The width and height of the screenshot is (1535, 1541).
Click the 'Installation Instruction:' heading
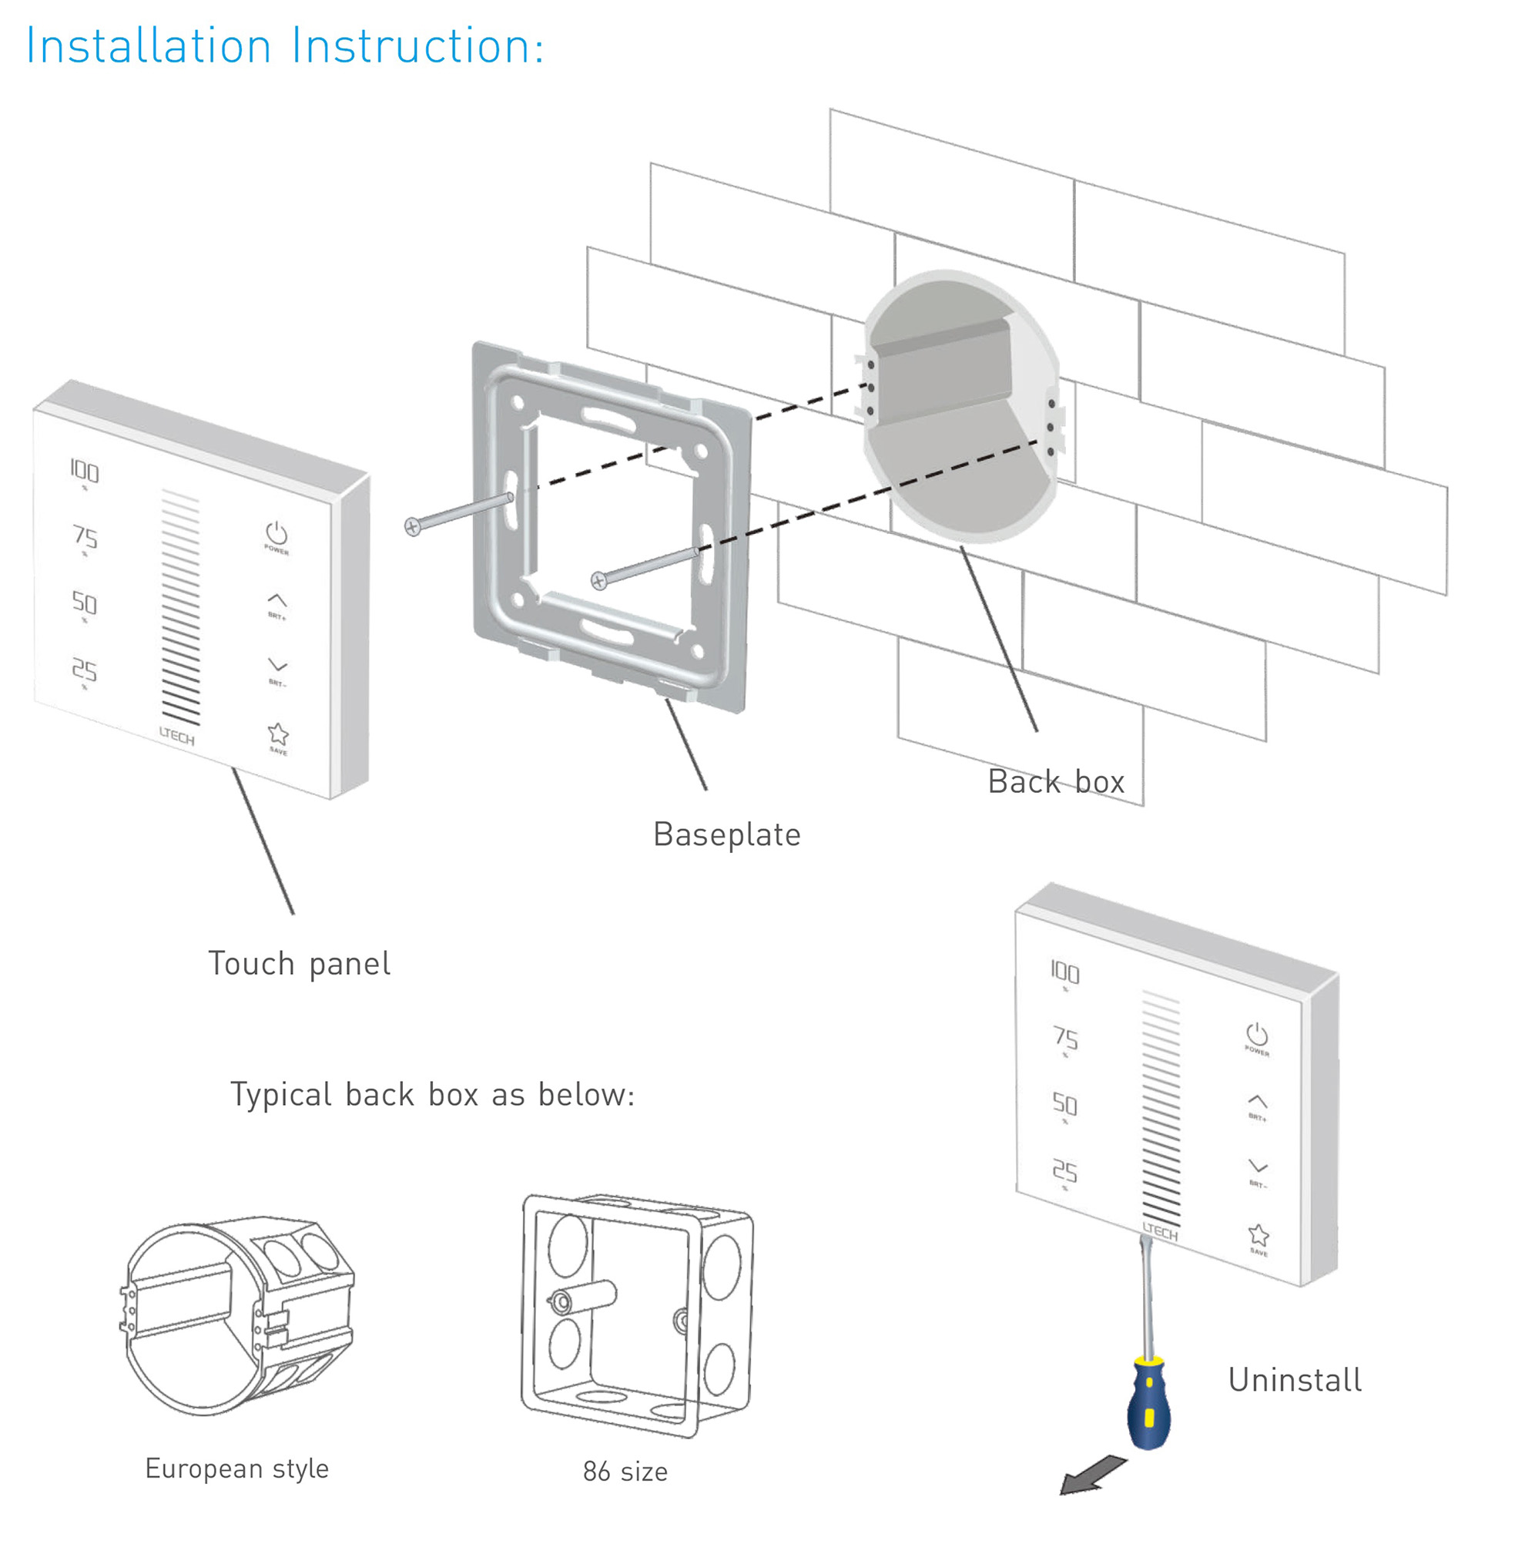point(285,46)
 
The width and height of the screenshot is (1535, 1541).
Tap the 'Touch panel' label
point(299,964)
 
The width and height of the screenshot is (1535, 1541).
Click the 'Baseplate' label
point(726,834)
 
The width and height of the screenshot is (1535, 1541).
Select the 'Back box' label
point(1056,781)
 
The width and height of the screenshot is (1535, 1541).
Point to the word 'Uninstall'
point(1295,1380)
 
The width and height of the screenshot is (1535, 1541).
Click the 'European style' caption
point(236,1469)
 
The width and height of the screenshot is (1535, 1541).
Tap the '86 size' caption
point(625,1472)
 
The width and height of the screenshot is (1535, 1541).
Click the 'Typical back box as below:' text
point(432,1094)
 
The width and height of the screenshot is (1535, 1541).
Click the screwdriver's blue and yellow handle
point(1149,1404)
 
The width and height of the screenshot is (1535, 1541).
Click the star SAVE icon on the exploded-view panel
point(277,734)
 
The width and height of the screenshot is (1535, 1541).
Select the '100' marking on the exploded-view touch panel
point(84,472)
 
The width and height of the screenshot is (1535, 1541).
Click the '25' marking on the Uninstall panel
point(1064,1171)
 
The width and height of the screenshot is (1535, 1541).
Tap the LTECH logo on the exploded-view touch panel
point(176,736)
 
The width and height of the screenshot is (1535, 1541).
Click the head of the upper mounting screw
point(412,527)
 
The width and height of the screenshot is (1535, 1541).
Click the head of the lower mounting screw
point(599,582)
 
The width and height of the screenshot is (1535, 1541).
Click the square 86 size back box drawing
point(637,1314)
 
